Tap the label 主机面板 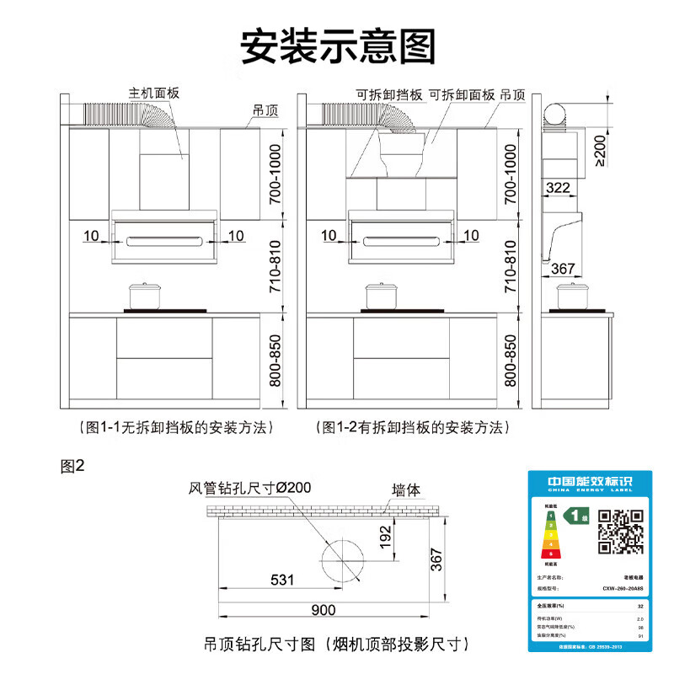click(154, 93)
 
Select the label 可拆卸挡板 click(388, 95)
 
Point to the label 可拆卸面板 click(461, 95)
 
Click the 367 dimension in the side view click(563, 269)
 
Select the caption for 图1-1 click(175, 427)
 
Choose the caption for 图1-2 click(413, 427)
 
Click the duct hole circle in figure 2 click(342, 559)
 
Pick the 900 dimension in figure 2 click(324, 610)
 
